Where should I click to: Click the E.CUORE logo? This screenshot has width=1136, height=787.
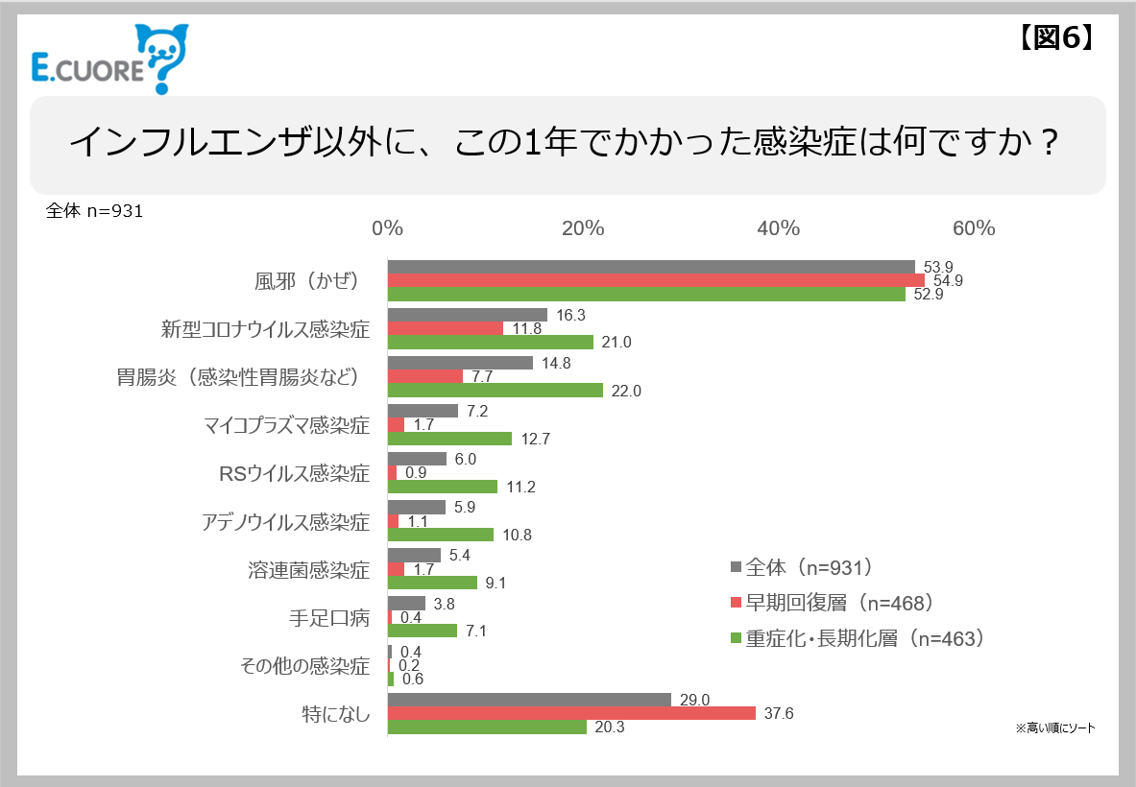coord(107,60)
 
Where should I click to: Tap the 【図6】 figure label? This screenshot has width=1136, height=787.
coord(1053,36)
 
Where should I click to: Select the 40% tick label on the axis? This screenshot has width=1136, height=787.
coord(778,228)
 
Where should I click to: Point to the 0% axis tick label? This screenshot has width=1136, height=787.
coord(387,228)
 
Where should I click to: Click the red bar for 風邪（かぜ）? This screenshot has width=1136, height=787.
coord(655,280)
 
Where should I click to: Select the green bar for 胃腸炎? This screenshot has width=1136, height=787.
coord(495,391)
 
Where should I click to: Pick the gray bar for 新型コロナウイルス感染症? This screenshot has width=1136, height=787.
coord(467,315)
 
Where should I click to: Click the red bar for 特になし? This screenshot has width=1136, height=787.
coord(571,713)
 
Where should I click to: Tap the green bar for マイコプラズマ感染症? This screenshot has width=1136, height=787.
coord(449,439)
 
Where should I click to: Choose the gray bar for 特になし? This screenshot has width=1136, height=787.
coord(529,700)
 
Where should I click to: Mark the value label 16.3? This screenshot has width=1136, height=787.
coord(570,315)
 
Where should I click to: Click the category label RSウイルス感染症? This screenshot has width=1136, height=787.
coord(294,473)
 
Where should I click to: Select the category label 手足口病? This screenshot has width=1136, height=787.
coord(329,618)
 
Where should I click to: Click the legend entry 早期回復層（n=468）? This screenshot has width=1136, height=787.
coord(832,603)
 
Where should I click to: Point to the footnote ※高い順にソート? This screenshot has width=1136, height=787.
coord(1054,728)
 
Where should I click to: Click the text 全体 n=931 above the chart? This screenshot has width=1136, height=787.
coord(94,211)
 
